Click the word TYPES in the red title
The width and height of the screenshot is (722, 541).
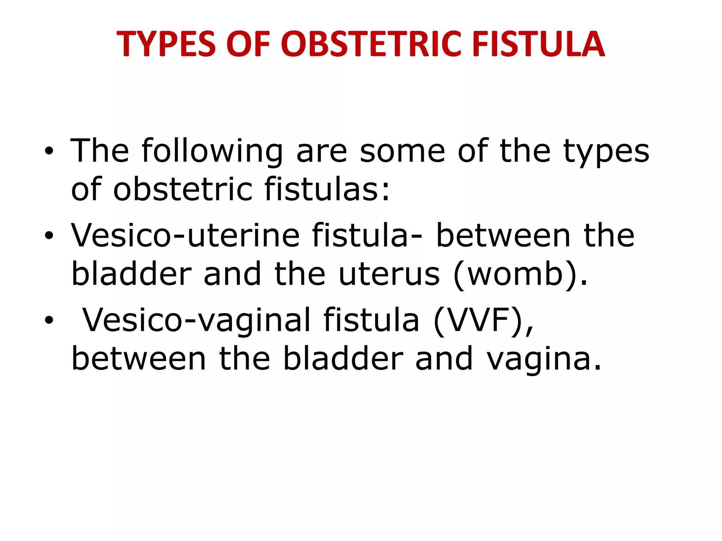click(166, 44)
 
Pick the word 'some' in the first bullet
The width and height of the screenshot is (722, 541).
click(402, 151)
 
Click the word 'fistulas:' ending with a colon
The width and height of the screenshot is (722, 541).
click(327, 189)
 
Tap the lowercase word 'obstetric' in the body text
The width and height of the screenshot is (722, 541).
click(183, 189)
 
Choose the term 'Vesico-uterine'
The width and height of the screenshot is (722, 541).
click(185, 236)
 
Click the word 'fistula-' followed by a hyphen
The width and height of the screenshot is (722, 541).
click(367, 236)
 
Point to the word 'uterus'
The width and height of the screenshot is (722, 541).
click(389, 274)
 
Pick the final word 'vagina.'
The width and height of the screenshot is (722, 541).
click(543, 359)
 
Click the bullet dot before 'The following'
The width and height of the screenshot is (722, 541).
click(49, 151)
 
